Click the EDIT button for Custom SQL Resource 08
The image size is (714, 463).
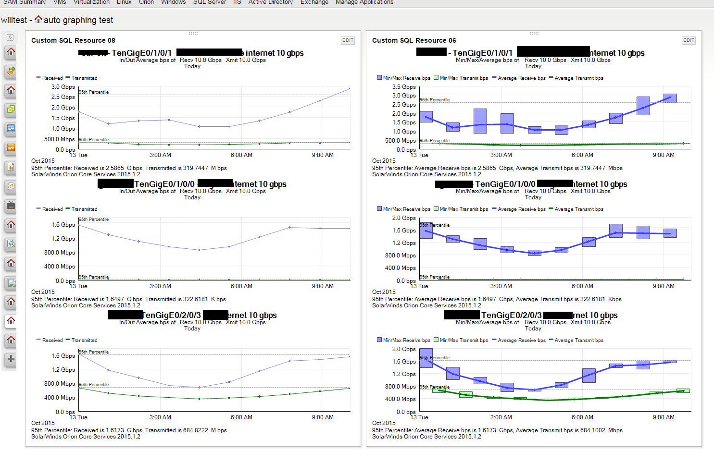[x=348, y=40]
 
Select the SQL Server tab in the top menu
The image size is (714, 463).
[x=209, y=2]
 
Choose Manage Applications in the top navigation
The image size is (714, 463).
[x=364, y=2]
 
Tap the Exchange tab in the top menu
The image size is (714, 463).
[x=314, y=2]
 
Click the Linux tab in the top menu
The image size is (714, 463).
[x=124, y=2]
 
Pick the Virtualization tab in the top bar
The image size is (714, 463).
[x=91, y=2]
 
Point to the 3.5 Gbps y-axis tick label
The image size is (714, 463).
[x=404, y=87]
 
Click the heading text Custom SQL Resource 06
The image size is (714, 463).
[x=414, y=40]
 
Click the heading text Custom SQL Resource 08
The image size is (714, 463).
[x=73, y=40]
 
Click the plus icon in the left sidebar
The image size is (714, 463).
[x=11, y=359]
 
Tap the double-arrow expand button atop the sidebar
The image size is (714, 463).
[x=10, y=37]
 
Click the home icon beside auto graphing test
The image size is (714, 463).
[x=38, y=20]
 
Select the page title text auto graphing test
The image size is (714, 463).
[x=78, y=20]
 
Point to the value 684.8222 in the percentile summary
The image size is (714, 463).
[x=195, y=430]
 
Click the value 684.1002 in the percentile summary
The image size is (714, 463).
[x=592, y=430]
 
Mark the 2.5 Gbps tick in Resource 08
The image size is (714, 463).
[x=63, y=97]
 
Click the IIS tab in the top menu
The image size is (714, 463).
[x=237, y=2]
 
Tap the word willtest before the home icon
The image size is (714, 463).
[x=14, y=20]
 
